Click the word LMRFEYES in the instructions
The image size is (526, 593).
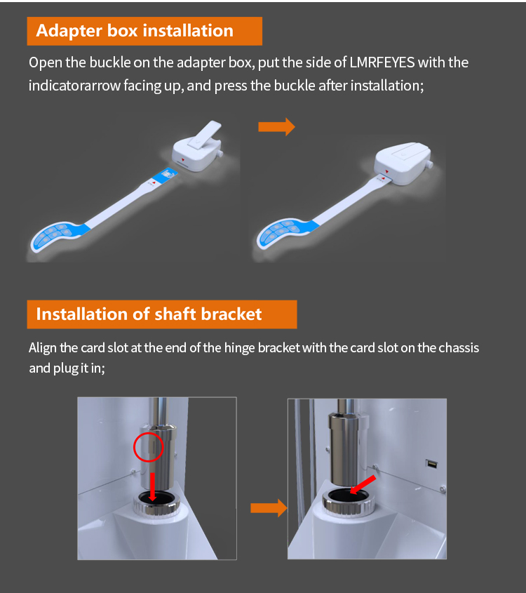click(x=382, y=62)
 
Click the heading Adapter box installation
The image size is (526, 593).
click(x=135, y=31)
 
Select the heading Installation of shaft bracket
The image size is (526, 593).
click(x=149, y=314)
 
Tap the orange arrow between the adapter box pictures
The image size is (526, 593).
click(x=276, y=126)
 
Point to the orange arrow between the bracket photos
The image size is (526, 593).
click(x=269, y=507)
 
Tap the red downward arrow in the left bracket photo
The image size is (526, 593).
click(x=152, y=487)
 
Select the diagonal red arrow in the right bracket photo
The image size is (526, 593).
click(x=362, y=484)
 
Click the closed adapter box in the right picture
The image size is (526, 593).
click(x=403, y=163)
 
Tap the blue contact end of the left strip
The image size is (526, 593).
click(x=165, y=175)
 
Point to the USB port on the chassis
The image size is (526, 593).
click(x=431, y=464)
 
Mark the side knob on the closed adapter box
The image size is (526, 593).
click(x=430, y=164)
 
